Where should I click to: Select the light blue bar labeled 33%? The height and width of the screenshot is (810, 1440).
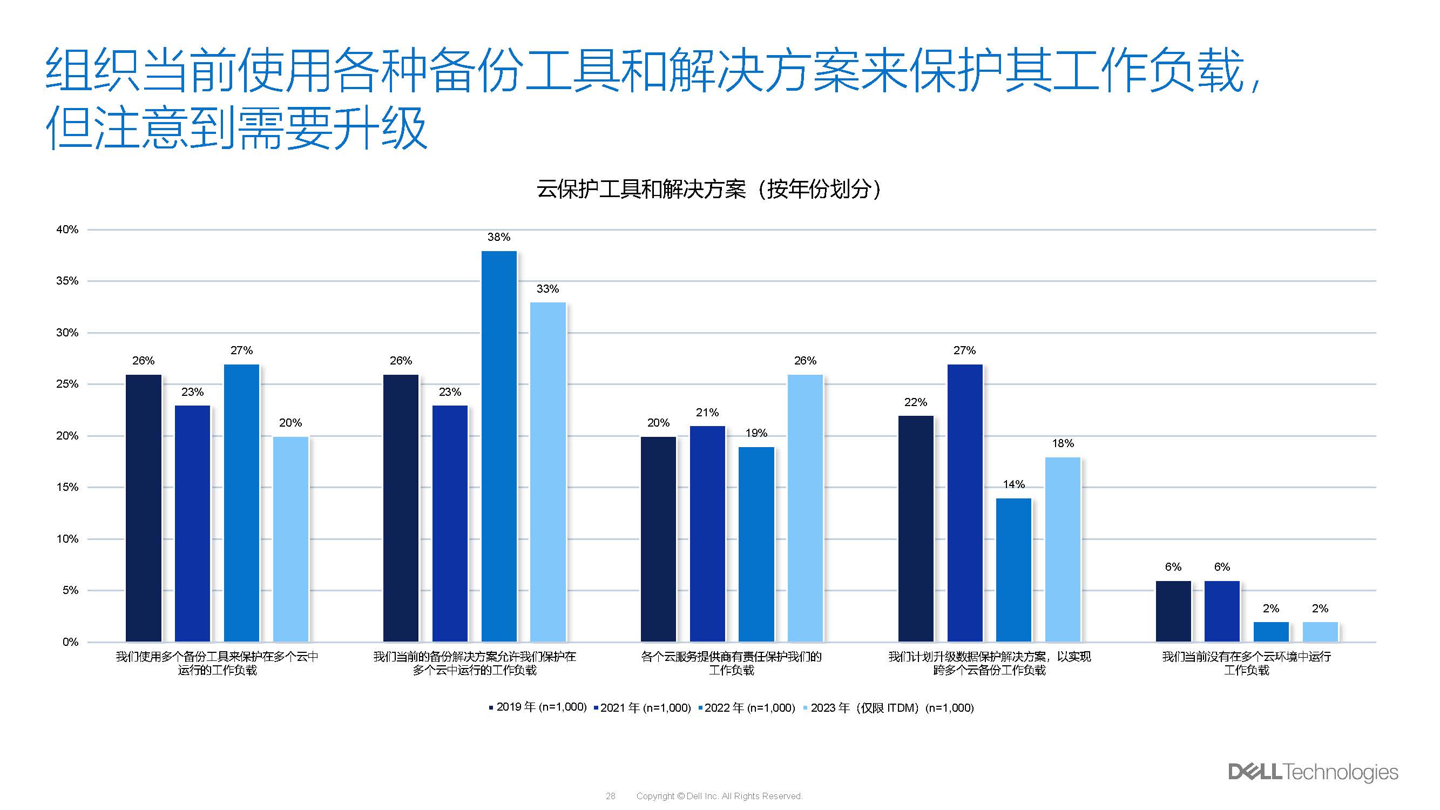pyautogui.click(x=548, y=472)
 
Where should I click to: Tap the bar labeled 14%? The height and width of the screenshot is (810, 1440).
pyautogui.click(x=1013, y=570)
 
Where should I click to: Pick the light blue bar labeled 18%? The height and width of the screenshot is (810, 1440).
pyautogui.click(x=1063, y=549)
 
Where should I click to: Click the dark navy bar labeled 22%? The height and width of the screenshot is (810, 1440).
pyautogui.click(x=916, y=528)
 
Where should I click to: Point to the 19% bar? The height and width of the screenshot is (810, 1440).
pyautogui.click(x=756, y=544)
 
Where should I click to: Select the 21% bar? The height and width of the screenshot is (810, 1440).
pyautogui.click(x=707, y=534)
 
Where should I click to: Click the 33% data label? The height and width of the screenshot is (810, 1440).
pyautogui.click(x=547, y=289)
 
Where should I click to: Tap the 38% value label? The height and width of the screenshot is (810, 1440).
pyautogui.click(x=499, y=237)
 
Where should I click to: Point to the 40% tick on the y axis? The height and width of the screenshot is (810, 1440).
pyautogui.click(x=67, y=230)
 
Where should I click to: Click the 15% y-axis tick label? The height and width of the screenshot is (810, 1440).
pyautogui.click(x=67, y=488)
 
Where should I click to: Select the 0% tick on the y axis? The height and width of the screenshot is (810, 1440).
pyautogui.click(x=70, y=642)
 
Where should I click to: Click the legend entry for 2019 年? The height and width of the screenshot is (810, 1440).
pyautogui.click(x=538, y=708)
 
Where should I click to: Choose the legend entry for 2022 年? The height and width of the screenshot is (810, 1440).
pyautogui.click(x=747, y=708)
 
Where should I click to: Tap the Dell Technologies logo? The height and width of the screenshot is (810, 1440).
pyautogui.click(x=1313, y=772)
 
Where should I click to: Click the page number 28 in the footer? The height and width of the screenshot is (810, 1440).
pyautogui.click(x=611, y=796)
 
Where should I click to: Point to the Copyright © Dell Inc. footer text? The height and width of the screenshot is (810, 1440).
pyautogui.click(x=719, y=796)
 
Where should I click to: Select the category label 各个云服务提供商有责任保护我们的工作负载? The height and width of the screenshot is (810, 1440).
pyautogui.click(x=731, y=663)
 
